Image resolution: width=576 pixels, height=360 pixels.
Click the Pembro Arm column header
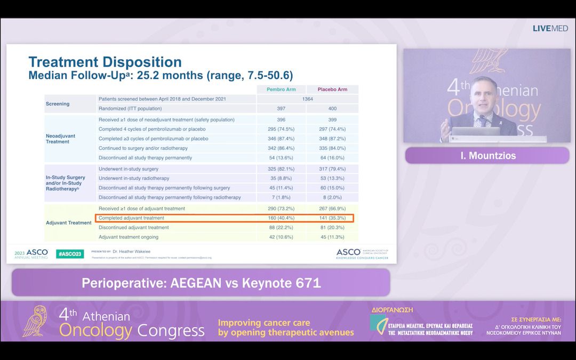pos(281,89)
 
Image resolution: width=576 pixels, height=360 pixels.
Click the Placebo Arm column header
pos(332,89)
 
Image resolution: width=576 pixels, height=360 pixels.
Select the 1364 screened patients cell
pos(307,99)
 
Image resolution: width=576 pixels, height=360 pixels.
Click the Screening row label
pos(57,104)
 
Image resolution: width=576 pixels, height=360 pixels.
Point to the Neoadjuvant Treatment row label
pos(61,139)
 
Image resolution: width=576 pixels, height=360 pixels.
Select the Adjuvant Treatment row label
pos(68,223)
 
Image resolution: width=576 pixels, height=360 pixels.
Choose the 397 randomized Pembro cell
pos(281,109)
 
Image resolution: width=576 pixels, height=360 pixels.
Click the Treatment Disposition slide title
pos(105,62)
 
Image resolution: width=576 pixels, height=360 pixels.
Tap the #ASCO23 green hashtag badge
pos(69,254)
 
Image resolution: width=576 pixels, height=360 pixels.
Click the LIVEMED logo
pos(550,28)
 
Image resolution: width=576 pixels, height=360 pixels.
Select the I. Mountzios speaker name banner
pos(487,156)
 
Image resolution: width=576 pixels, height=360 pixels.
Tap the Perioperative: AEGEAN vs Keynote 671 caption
pos(201,283)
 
